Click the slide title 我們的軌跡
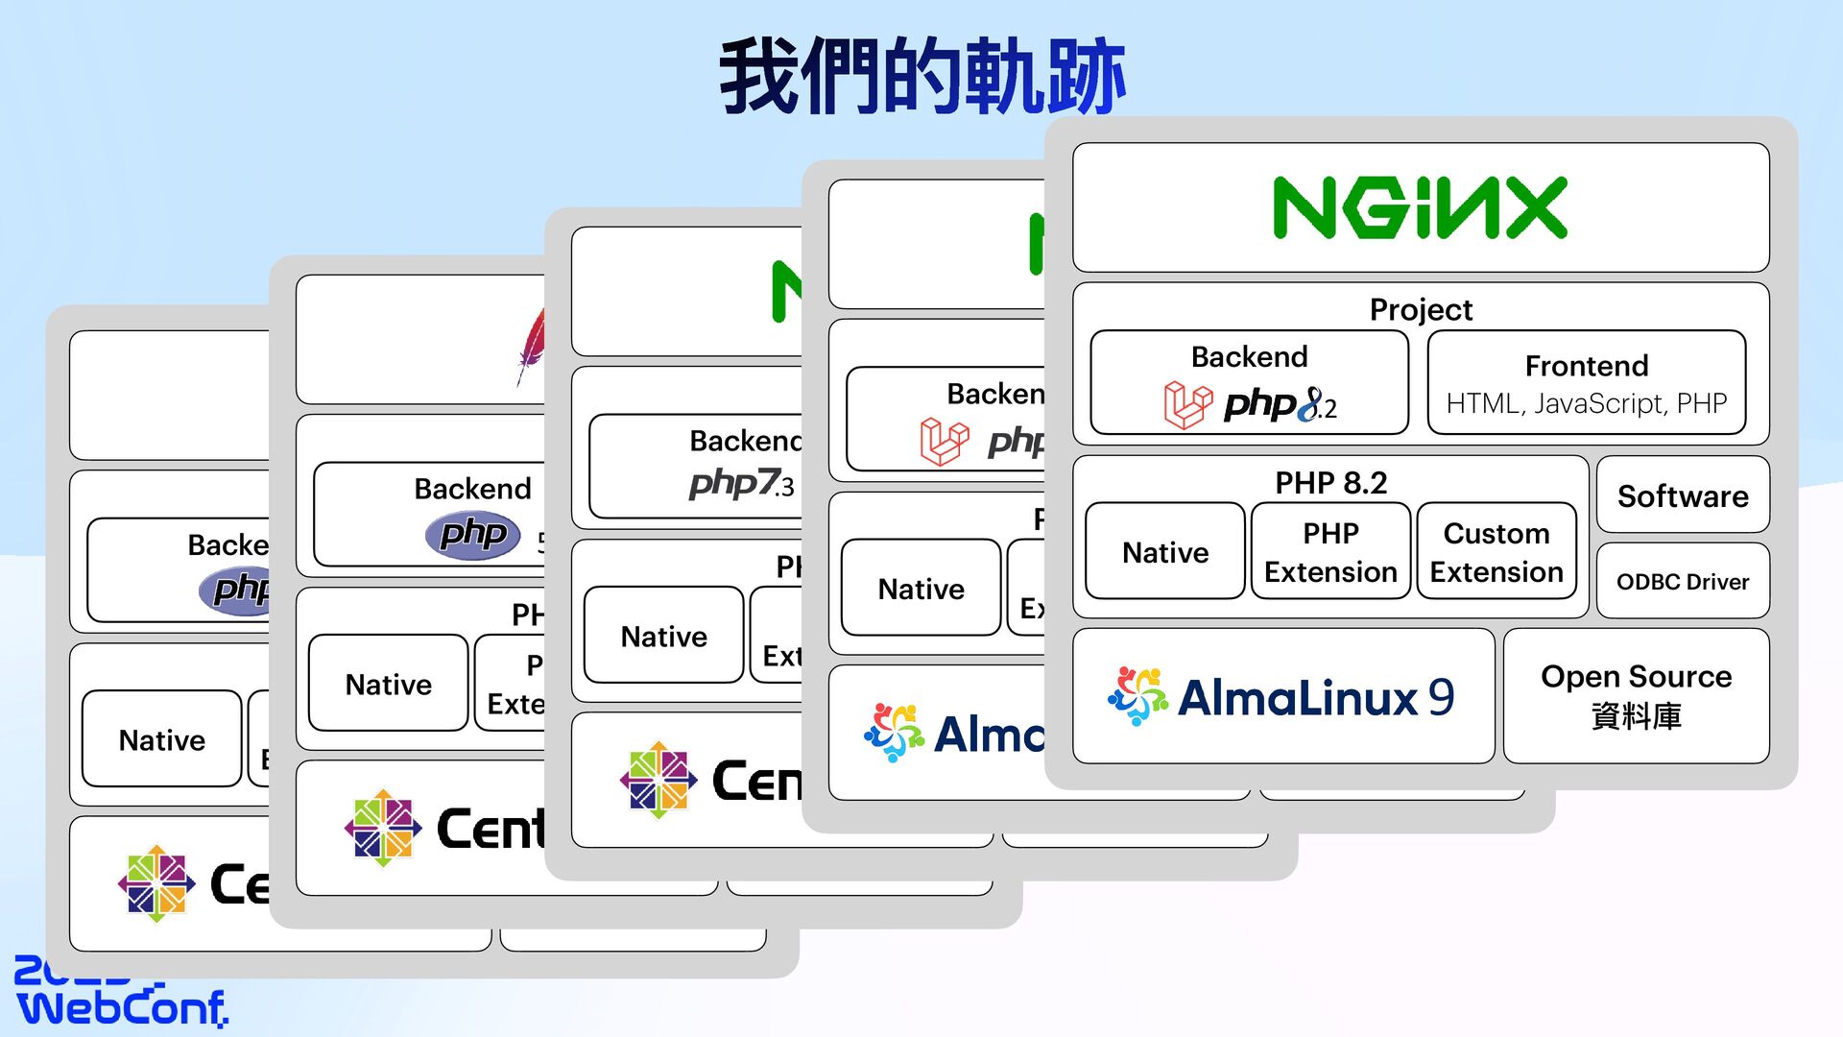[x=921, y=77]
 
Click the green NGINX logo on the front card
[x=1420, y=207]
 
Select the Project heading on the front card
[x=1421, y=309]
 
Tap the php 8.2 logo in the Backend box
[x=1280, y=405]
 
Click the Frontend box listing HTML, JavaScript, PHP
[x=1586, y=383]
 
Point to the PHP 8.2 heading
[x=1330, y=482]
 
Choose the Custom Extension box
[x=1496, y=552]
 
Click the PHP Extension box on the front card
[x=1330, y=552]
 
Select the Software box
[x=1682, y=495]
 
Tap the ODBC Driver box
[x=1682, y=582]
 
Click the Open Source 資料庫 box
[x=1636, y=696]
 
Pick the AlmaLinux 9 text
[x=1315, y=697]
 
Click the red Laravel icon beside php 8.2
[x=1187, y=404]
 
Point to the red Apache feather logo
[x=531, y=346]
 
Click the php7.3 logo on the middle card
[x=741, y=483]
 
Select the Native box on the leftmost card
[x=161, y=739]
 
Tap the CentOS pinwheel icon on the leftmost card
[x=156, y=883]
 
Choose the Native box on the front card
[x=1165, y=552]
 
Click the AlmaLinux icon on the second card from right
[x=894, y=733]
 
